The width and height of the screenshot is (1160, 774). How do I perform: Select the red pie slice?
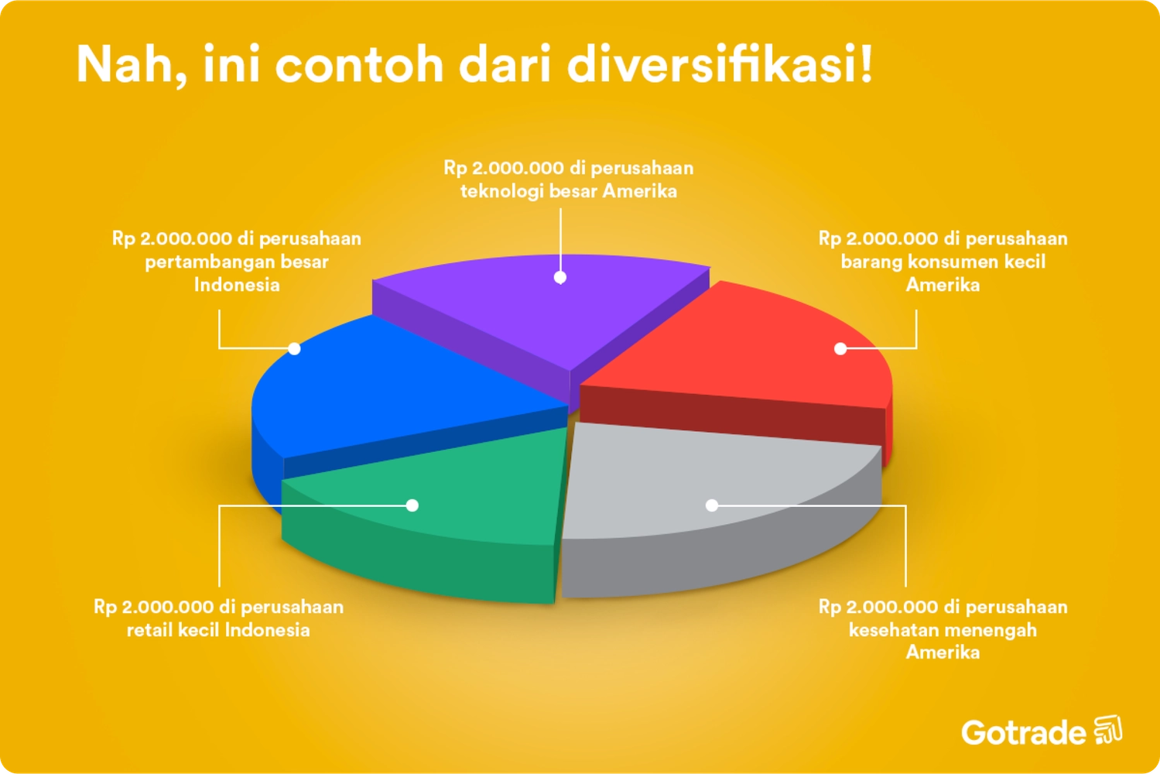click(x=758, y=348)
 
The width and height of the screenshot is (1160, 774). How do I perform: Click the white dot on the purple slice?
click(x=560, y=277)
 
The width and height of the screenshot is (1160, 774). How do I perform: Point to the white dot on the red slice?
click(x=840, y=348)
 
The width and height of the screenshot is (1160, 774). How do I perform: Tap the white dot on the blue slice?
click(x=294, y=348)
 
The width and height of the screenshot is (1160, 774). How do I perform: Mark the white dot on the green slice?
click(x=412, y=505)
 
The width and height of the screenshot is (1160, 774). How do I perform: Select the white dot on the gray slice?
click(x=712, y=505)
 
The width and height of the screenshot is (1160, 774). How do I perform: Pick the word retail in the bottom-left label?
click(x=149, y=630)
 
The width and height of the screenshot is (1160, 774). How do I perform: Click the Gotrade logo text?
click(x=1023, y=732)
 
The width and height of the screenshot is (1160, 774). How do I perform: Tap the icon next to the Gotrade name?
click(x=1108, y=730)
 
